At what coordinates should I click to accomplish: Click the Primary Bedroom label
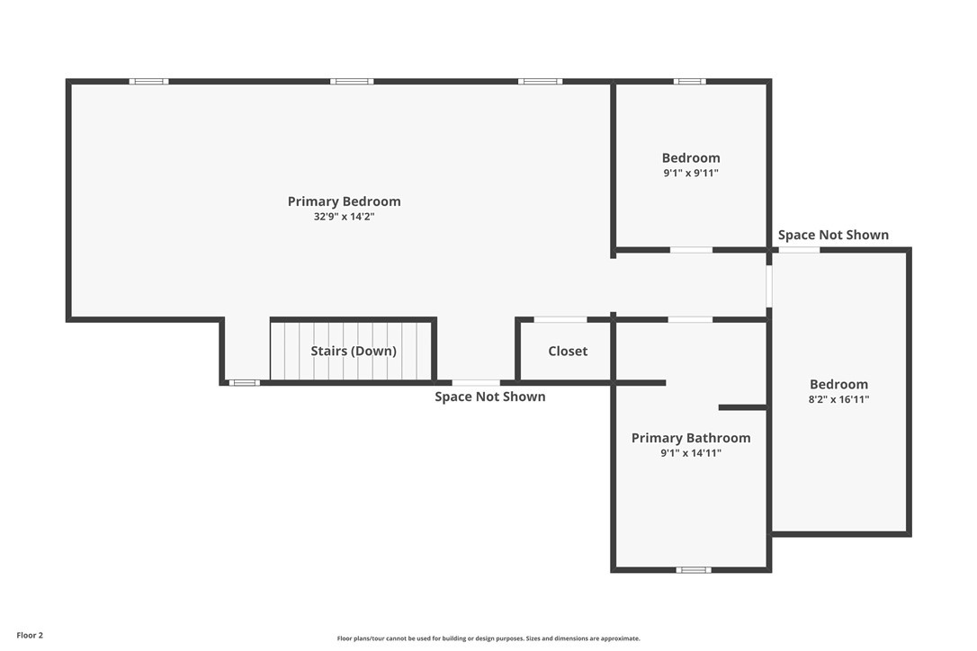344,201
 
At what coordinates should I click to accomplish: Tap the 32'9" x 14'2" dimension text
344,217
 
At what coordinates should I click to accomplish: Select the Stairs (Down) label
354,351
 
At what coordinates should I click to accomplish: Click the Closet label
568,351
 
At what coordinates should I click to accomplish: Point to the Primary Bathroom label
691,438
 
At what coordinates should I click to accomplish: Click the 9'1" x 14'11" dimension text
691,453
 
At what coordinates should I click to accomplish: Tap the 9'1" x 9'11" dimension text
691,174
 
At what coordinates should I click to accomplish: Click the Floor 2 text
30,636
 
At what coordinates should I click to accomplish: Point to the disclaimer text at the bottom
488,638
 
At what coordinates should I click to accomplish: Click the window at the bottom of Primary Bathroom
694,569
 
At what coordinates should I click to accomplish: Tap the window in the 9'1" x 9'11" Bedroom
690,81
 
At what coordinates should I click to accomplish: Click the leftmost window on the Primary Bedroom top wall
149,81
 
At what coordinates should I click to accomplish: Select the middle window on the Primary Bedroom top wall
352,81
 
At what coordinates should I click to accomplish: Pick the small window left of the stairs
244,382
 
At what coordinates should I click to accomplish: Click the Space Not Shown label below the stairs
489,397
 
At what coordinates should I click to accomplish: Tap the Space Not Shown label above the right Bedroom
833,235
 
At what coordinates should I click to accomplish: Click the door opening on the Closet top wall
560,319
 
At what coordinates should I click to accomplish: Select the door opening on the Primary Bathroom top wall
690,319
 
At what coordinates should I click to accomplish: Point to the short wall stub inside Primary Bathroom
743,407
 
